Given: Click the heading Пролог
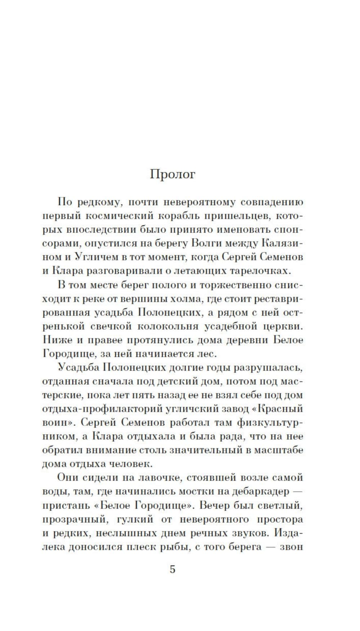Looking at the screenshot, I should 172,174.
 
